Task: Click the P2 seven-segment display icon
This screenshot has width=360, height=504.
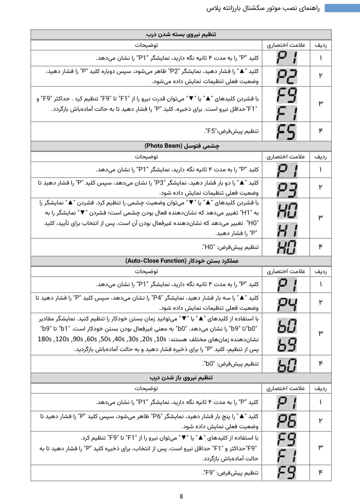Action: [286, 76]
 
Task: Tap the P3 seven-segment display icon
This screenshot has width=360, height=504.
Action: [287, 189]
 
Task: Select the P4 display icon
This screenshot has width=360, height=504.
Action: [287, 304]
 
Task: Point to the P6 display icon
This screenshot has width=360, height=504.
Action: [287, 421]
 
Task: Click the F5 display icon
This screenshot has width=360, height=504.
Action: [286, 131]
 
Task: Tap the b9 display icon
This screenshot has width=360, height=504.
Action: [287, 344]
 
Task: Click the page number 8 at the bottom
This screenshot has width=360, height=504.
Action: [181, 496]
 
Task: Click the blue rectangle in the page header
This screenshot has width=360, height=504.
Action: [342, 8]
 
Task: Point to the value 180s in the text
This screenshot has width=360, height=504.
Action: [44, 339]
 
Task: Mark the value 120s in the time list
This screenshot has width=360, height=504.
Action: [62, 339]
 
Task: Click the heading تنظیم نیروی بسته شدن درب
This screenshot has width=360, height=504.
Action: [181, 34]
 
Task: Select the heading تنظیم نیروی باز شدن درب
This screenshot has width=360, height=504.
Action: [181, 377]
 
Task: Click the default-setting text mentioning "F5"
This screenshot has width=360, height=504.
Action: [231, 131]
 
